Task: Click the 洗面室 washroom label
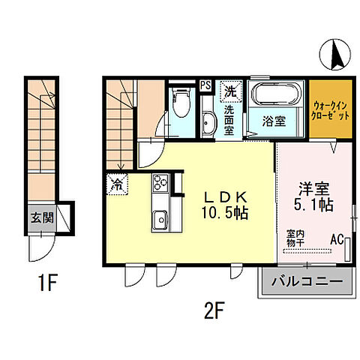click(x=230, y=120)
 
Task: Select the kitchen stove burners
click(x=160, y=183)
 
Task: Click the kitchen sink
click(x=160, y=219)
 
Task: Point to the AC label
click(x=337, y=240)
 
